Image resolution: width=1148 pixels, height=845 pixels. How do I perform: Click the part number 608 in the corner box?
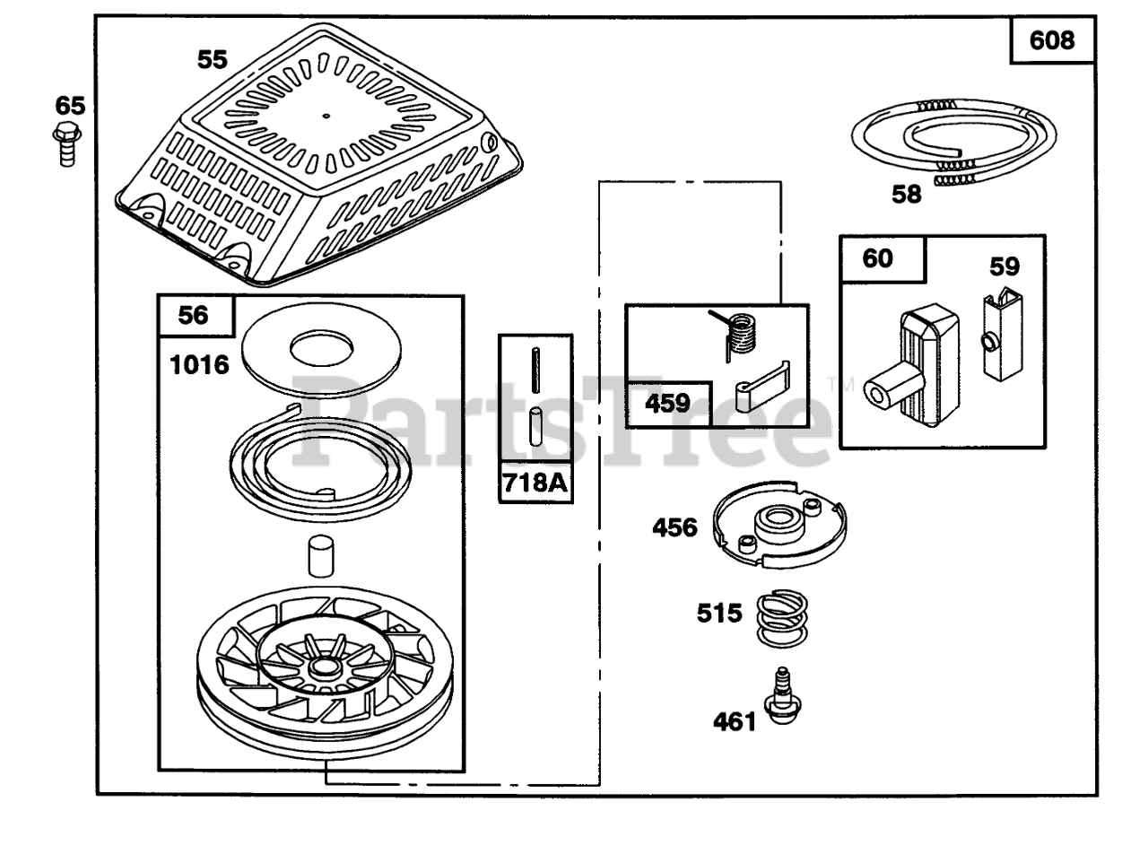[1052, 40]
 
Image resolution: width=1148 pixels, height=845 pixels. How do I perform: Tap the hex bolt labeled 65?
[67, 144]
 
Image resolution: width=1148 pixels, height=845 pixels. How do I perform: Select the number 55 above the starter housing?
[213, 60]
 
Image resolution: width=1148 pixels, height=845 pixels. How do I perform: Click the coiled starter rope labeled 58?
[953, 142]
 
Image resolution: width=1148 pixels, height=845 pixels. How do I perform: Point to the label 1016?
[199, 365]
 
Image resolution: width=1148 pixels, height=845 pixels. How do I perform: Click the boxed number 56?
[193, 315]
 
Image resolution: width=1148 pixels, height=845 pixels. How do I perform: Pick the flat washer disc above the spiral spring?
[321, 350]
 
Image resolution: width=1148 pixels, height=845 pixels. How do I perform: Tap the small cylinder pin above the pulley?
[321, 556]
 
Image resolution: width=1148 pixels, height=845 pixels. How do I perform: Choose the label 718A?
[535, 483]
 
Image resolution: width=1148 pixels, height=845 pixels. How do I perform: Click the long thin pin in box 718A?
[535, 370]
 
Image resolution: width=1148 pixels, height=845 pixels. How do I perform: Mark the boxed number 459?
[668, 404]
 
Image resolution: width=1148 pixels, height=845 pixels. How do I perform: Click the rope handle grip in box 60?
[912, 366]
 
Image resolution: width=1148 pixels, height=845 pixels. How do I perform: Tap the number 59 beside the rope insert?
[1004, 266]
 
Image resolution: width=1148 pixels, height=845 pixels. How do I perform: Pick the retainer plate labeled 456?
[779, 525]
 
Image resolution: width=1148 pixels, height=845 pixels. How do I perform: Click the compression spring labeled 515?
[782, 618]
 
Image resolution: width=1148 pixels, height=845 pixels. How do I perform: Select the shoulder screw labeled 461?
[783, 696]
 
